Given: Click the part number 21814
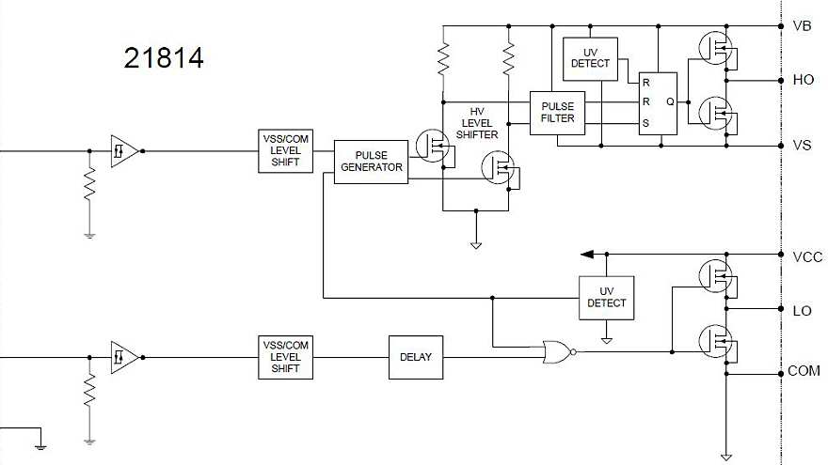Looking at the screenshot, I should pyautogui.click(x=164, y=58).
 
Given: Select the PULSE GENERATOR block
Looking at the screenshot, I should pyautogui.click(x=372, y=162).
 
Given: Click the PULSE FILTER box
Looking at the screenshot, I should pyautogui.click(x=557, y=112).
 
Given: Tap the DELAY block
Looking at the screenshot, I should pyautogui.click(x=416, y=357).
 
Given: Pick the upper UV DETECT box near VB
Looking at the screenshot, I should pyautogui.click(x=590, y=57).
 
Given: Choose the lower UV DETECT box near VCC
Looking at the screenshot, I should pyautogui.click(x=606, y=298).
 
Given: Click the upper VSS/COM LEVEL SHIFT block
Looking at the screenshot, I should pyautogui.click(x=284, y=150).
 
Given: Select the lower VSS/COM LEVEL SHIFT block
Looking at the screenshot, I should pyautogui.click(x=284, y=357).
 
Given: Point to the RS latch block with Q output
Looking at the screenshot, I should pyautogui.click(x=658, y=103).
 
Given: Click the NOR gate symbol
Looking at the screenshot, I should pyautogui.click(x=556, y=353).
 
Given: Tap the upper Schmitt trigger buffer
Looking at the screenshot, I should pyautogui.click(x=123, y=149).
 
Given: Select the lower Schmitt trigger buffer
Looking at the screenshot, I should pyautogui.click(x=123, y=357).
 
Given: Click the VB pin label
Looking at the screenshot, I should pyautogui.click(x=803, y=26).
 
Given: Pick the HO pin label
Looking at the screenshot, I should pyautogui.click(x=804, y=80).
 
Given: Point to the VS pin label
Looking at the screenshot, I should pyautogui.click(x=803, y=146).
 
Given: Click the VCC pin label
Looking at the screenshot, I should pyautogui.click(x=807, y=257).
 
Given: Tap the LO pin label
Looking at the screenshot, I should pyautogui.click(x=803, y=310).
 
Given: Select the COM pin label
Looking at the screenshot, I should pyautogui.click(x=804, y=371).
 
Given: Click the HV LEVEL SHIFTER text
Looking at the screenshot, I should pyautogui.click(x=477, y=122).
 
